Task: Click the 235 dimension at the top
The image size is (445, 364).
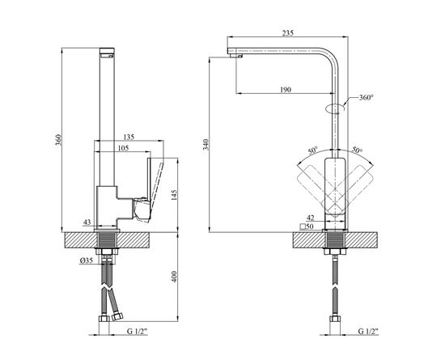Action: point(288,33)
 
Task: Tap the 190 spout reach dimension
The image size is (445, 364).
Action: point(286,90)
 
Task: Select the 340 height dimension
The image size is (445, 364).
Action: point(206,145)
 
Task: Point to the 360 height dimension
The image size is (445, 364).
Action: point(58,140)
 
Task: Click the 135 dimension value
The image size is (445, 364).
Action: point(129,138)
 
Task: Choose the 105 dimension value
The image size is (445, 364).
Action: point(123,148)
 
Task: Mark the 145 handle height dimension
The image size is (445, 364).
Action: point(174,196)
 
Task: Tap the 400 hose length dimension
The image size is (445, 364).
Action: point(174,277)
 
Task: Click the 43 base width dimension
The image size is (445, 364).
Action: point(87,222)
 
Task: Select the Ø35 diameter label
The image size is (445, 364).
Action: point(87,260)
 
